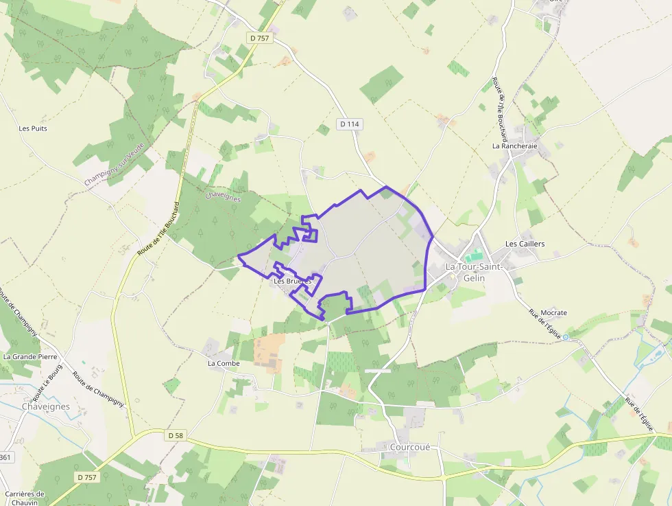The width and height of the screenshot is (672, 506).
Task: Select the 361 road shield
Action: tap(5, 457)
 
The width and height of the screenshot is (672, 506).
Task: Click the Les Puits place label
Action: tap(33, 128)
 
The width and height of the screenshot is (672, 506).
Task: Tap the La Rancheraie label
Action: tap(514, 146)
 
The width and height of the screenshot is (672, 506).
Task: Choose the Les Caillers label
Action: tap(525, 244)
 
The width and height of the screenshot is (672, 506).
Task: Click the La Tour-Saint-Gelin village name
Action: tap(473, 272)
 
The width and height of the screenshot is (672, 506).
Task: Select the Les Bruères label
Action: tap(292, 281)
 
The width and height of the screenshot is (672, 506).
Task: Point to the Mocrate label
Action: tap(553, 313)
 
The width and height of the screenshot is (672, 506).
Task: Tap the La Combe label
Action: tap(222, 363)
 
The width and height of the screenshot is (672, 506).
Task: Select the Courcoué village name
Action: tap(409, 447)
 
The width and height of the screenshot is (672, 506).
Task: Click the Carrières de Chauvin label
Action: tap(24, 498)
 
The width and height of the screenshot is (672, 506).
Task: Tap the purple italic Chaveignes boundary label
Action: tap(223, 197)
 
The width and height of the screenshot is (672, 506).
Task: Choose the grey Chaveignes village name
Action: tap(46, 406)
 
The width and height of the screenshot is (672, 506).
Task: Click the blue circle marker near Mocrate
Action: tap(566, 337)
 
